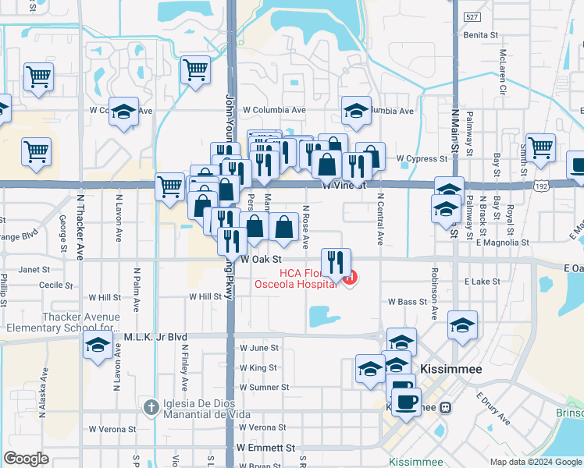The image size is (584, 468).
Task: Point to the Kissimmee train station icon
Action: (x=445, y=407)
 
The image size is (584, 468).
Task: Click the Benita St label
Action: (x=481, y=35)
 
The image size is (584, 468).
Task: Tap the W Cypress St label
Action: (x=422, y=158)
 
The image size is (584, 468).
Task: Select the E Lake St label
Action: (x=480, y=281)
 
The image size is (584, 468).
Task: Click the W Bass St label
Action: (x=408, y=301)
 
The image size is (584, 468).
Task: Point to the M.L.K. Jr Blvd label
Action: (x=156, y=337)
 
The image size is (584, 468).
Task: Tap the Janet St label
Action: (x=34, y=270)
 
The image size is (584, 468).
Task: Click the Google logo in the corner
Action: (x=27, y=459)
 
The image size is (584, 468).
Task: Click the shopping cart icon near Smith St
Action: (x=540, y=146)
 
